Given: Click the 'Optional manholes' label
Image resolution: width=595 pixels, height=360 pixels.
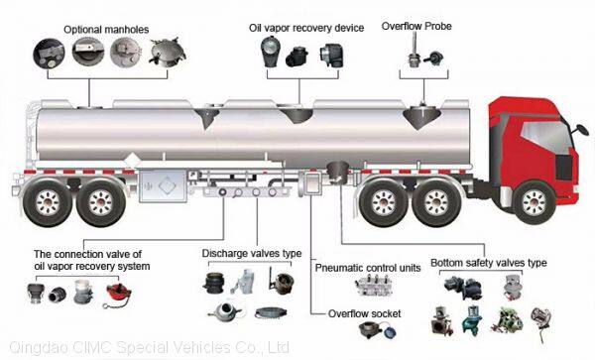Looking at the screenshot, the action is [x=106, y=30].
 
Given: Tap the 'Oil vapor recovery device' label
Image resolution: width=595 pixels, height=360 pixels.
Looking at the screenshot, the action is [x=306, y=28].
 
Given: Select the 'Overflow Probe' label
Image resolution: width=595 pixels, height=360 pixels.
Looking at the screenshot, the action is [x=416, y=26].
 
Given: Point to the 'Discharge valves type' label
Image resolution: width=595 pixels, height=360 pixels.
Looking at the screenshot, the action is [x=252, y=254].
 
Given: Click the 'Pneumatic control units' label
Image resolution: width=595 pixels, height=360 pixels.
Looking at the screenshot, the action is [x=368, y=268].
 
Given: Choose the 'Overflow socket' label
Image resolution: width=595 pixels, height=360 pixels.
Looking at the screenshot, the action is [x=364, y=313].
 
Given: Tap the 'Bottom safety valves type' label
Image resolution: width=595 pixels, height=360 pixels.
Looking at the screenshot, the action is [x=488, y=263].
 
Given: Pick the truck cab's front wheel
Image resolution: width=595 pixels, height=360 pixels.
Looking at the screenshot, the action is [x=534, y=203].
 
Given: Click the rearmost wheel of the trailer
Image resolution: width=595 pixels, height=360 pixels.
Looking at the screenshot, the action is [x=48, y=202].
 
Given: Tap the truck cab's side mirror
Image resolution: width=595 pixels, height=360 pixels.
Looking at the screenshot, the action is [x=582, y=130].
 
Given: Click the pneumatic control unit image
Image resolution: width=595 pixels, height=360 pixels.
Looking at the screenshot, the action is [x=374, y=286].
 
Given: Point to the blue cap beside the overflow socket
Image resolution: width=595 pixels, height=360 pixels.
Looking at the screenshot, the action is [x=390, y=332].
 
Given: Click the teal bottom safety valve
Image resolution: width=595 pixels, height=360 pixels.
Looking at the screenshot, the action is [x=472, y=320].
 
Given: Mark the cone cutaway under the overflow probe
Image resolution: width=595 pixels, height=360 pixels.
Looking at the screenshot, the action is [x=421, y=117].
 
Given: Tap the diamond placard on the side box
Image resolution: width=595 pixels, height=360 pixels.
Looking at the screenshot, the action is [x=168, y=186].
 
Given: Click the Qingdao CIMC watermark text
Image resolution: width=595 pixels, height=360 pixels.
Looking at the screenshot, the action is [x=149, y=347].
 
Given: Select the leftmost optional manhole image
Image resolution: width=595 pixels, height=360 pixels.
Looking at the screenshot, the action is [x=49, y=54].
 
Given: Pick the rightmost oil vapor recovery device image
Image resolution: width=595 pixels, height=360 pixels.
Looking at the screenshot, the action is [x=331, y=56].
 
